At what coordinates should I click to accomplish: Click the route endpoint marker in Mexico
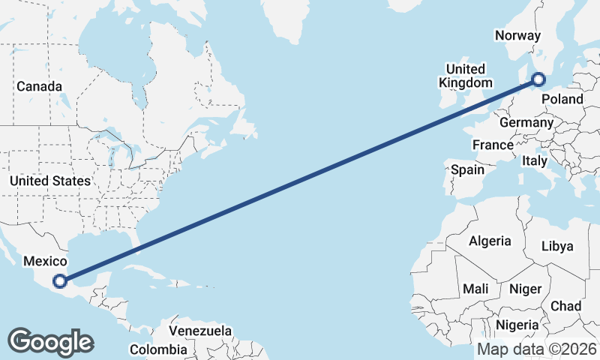click(60, 282)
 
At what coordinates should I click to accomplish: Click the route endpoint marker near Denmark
click(538, 79)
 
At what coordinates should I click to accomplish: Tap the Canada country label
click(39, 86)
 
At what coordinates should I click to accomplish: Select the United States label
click(50, 181)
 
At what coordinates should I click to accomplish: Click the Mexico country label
click(46, 261)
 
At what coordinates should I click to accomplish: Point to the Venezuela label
click(200, 330)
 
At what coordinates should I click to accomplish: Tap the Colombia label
click(158, 349)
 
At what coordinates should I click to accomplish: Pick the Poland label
click(560, 99)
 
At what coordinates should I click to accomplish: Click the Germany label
click(526, 122)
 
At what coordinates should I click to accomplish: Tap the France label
click(493, 145)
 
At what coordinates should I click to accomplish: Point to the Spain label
click(467, 169)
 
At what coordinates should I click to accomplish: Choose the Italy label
click(535, 160)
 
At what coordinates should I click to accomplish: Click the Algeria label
click(490, 241)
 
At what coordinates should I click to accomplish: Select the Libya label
click(556, 246)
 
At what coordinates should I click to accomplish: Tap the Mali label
click(475, 288)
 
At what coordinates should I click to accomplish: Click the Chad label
click(565, 306)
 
